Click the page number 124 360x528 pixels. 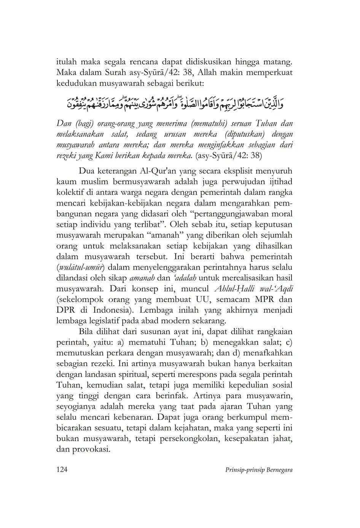point(62,470)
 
